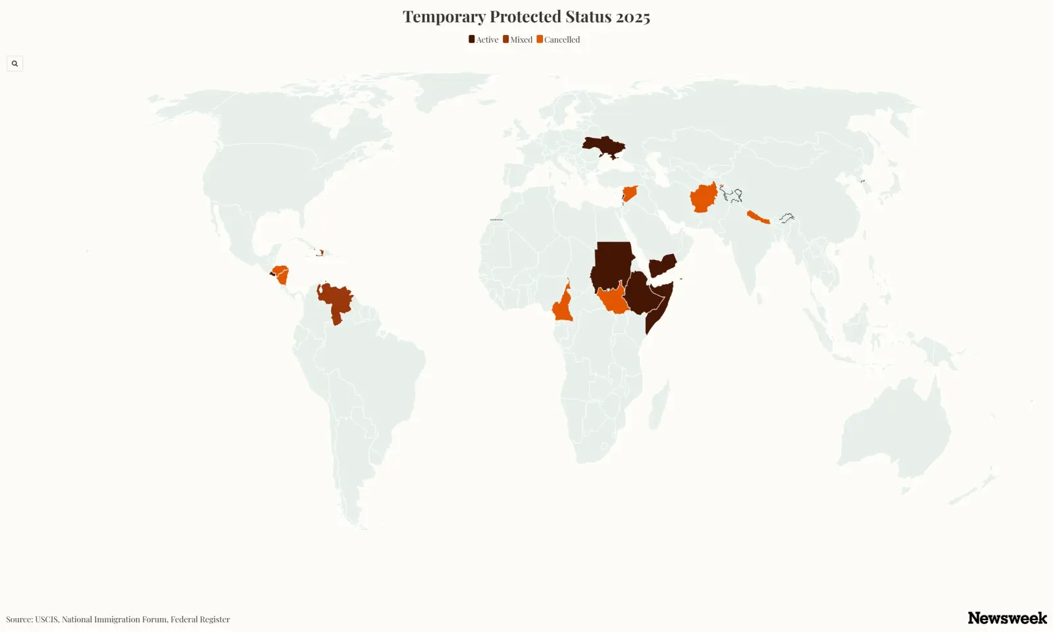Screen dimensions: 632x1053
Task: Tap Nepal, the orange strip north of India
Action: (758, 218)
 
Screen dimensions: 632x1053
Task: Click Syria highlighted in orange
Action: (630, 194)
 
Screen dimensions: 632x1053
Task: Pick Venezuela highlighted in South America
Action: (336, 300)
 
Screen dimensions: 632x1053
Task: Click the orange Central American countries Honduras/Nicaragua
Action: (281, 273)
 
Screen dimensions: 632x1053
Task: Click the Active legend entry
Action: (484, 39)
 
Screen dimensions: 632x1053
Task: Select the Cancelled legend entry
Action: (559, 39)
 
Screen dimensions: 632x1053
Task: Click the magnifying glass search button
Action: (14, 64)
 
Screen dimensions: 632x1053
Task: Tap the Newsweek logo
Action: (1007, 618)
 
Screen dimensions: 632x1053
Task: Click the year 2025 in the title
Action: (633, 17)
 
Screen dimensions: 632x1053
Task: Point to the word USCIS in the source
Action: (46, 619)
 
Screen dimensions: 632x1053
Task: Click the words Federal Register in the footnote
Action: (200, 619)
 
